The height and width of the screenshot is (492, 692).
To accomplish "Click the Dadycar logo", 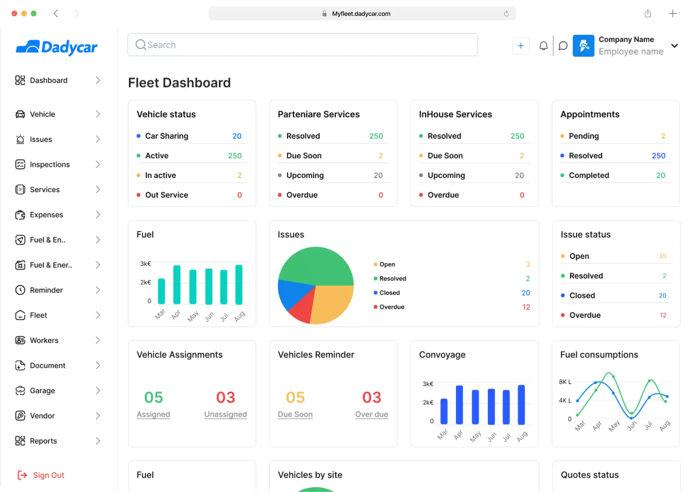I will [x=57, y=47].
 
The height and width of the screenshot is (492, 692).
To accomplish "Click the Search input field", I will [x=302, y=45].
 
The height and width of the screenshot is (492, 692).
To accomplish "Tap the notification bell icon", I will [x=543, y=46].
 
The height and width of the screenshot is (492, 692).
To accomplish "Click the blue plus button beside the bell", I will [x=521, y=46].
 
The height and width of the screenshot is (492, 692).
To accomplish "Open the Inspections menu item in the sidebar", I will [x=50, y=165].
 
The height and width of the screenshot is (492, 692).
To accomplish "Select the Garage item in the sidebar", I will [x=42, y=391].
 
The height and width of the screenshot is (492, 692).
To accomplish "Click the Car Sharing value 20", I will [x=237, y=136].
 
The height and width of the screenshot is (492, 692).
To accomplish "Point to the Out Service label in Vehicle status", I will [x=166, y=195].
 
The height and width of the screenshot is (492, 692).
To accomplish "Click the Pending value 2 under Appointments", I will [x=663, y=136].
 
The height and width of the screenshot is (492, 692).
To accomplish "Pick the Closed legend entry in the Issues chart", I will [x=389, y=293].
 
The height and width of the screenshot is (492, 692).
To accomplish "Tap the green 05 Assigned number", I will [x=153, y=397].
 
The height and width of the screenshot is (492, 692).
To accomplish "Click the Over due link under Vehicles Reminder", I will [x=371, y=414].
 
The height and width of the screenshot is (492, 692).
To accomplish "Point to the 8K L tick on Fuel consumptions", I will [x=565, y=382].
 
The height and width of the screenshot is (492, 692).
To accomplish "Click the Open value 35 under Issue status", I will [x=662, y=256].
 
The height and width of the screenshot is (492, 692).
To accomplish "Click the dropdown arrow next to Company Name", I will [x=674, y=46].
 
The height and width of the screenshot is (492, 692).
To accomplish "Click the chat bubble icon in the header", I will [x=563, y=46].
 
